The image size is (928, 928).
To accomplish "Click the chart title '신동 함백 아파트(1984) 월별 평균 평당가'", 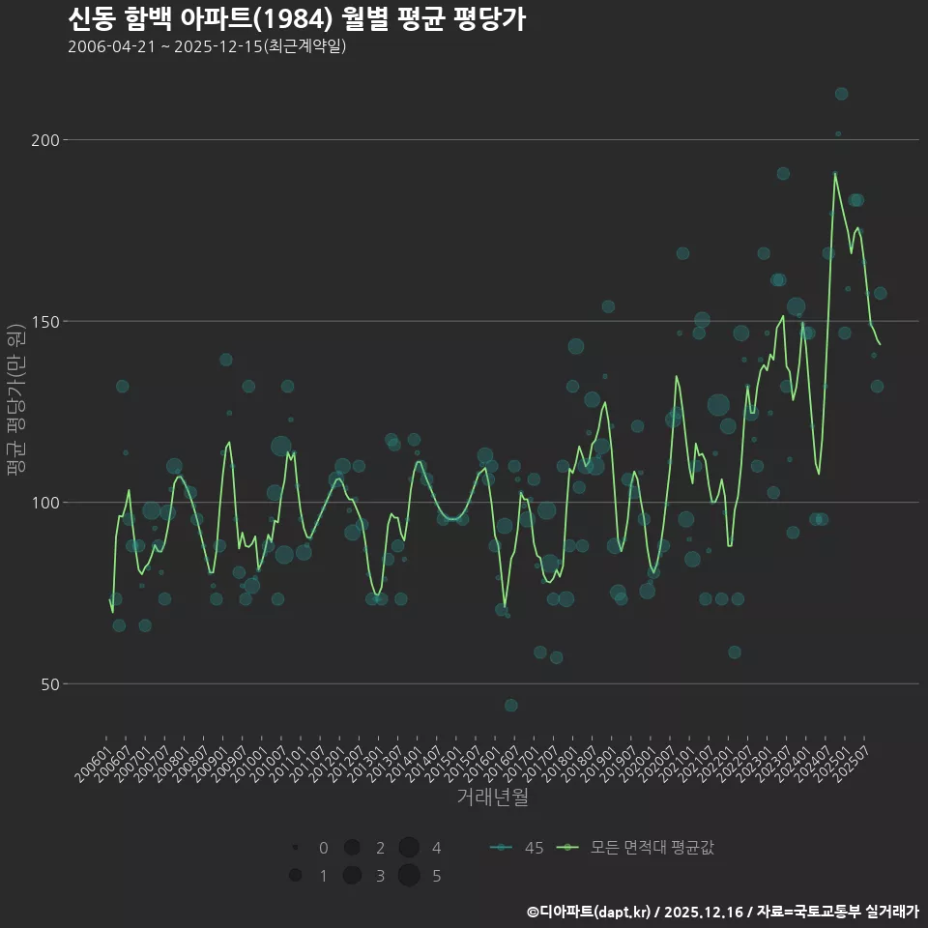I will pos(297,19).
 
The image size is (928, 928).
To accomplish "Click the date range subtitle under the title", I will pos(207,47).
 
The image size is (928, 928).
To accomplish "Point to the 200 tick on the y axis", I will pos(47,140).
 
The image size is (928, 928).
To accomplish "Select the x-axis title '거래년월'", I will pos(493,797).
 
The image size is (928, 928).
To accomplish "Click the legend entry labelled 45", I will pos(517,848).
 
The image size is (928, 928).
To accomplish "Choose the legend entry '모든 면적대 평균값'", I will pos(638,848).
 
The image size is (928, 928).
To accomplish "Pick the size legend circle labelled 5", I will pos(408,876).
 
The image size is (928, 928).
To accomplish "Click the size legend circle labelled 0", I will pos(295,848).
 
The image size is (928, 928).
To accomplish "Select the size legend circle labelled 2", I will pos(352,848).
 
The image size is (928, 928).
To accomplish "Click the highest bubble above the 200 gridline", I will pos(842,94).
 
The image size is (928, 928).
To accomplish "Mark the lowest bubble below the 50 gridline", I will pos(510,706).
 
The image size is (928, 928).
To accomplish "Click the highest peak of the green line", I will pos(835,174).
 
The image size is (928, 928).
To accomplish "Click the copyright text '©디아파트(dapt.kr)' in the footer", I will pos(590,912).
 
